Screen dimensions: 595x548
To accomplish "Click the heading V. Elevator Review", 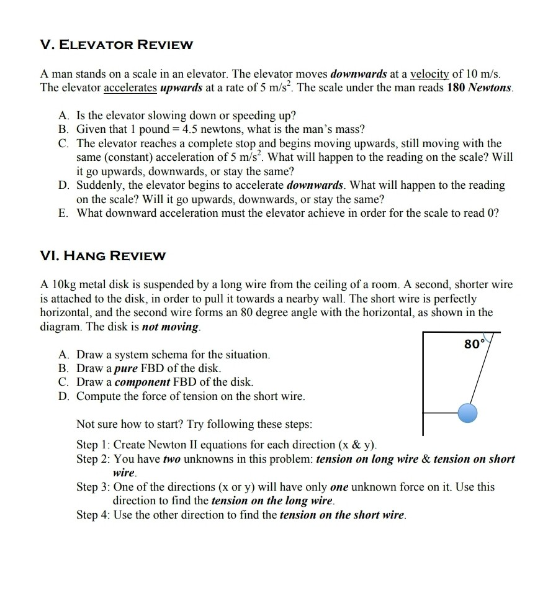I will point(116,45).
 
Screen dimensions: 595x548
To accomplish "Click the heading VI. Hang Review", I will point(102,256).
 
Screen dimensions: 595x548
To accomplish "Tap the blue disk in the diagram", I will point(469,412).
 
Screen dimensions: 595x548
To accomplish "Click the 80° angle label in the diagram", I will point(474,343).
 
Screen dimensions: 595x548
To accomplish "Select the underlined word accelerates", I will point(130,88).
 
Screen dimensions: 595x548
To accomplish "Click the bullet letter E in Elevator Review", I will point(63,213).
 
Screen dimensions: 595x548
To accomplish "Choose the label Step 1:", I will point(93,445).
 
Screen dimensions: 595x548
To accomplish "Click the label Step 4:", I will point(93,515).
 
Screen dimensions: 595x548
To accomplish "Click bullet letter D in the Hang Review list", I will point(63,396).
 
